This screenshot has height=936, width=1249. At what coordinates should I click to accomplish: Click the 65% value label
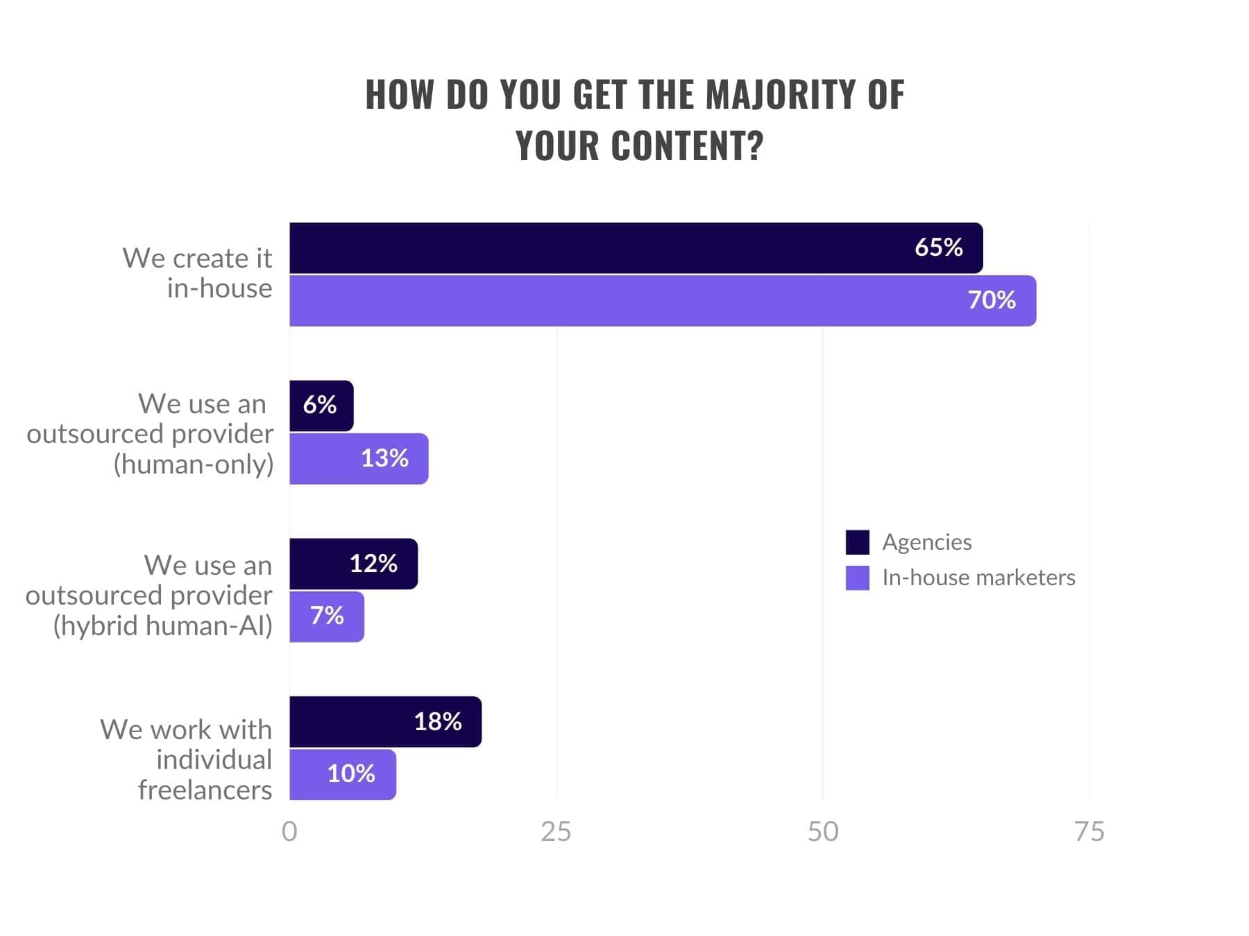[938, 248]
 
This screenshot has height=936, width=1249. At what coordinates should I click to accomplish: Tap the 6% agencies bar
[321, 406]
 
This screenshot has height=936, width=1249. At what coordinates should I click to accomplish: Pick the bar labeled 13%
[358, 459]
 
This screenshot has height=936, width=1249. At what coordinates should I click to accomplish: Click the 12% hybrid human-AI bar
[352, 564]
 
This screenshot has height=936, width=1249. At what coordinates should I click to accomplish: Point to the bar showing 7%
[326, 616]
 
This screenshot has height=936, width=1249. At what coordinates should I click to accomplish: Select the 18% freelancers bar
[385, 722]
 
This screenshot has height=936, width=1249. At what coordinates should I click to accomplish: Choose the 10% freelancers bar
[342, 774]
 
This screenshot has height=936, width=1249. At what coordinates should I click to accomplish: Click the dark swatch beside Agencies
[857, 542]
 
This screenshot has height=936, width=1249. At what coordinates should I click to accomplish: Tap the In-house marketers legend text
[978, 578]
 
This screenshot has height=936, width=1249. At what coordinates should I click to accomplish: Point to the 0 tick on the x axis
[289, 831]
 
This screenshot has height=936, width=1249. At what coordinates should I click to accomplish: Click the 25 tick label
[556, 831]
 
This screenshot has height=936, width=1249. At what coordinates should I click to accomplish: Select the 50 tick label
[823, 831]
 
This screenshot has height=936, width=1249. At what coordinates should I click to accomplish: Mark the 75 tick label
[1089, 831]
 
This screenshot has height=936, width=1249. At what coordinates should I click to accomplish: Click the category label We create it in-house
[198, 273]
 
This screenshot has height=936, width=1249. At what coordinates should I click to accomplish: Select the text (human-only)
[194, 464]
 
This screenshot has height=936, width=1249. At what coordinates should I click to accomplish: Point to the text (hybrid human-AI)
[163, 625]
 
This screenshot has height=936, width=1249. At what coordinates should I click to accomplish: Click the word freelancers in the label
[205, 790]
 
